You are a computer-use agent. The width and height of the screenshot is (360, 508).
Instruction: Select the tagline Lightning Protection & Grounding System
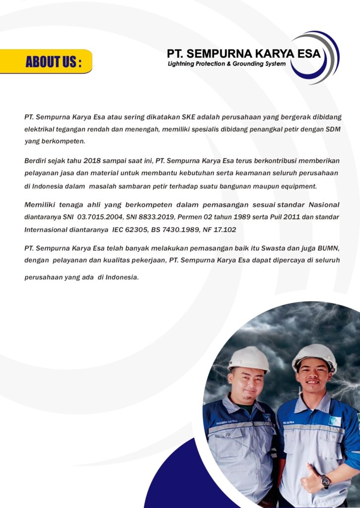226,64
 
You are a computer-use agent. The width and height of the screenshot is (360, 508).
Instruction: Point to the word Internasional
48,230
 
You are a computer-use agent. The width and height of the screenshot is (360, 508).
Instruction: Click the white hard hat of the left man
249,358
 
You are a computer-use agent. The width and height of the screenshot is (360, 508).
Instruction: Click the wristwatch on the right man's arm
325,480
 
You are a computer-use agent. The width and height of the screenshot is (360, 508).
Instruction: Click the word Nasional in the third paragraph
324,204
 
